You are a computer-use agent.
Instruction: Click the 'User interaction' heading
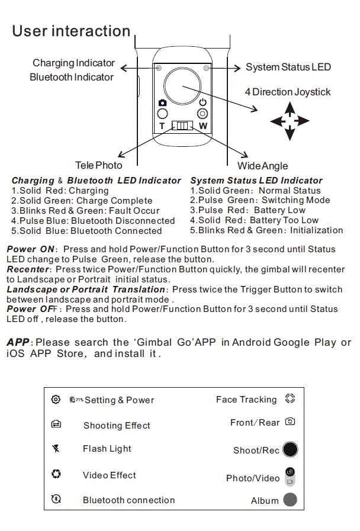(x=71, y=31)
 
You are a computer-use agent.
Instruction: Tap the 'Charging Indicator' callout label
(x=73, y=63)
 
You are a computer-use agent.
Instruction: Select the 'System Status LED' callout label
(x=288, y=67)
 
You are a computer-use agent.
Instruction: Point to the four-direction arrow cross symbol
(x=290, y=121)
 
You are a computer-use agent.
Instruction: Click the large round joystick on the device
(x=182, y=85)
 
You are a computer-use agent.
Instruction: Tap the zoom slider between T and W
(x=182, y=126)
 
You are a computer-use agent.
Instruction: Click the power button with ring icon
(x=202, y=114)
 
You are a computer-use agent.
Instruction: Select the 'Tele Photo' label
(x=99, y=166)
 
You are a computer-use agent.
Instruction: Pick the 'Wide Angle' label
(x=262, y=166)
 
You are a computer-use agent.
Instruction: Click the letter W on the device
(x=202, y=126)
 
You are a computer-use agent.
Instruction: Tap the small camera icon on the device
(x=162, y=103)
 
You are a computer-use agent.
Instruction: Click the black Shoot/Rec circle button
(x=290, y=450)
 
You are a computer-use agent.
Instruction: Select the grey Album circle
(x=290, y=500)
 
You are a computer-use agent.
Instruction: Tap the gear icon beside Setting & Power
(x=56, y=400)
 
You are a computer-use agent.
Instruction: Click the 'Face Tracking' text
(x=246, y=400)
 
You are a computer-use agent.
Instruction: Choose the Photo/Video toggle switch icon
(x=290, y=477)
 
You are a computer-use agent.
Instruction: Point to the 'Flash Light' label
(x=107, y=449)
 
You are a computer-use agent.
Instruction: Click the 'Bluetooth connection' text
(x=128, y=500)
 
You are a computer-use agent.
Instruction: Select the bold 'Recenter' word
(x=28, y=269)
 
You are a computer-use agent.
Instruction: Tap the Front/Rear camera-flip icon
(x=290, y=422)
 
